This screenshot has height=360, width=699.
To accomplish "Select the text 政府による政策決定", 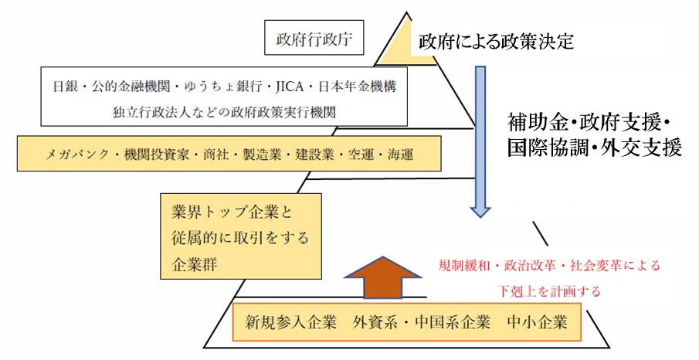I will tap(497, 41).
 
